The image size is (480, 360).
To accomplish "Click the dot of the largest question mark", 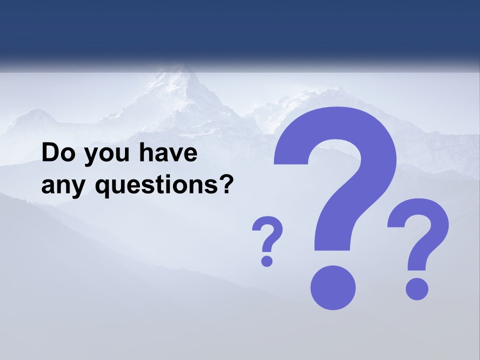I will tap(333, 288).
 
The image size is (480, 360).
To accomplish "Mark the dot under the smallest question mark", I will tap(267, 260).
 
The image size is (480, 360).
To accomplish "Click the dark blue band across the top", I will tap(240, 30).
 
